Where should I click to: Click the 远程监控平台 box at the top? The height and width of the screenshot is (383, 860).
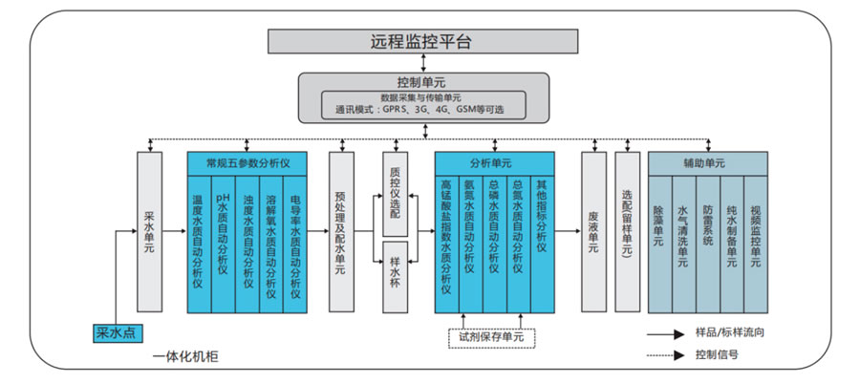click(420, 41)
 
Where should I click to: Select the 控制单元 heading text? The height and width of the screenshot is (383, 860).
click(420, 81)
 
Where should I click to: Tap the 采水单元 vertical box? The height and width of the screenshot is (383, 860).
click(151, 229)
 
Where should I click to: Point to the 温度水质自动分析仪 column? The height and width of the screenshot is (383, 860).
click(200, 243)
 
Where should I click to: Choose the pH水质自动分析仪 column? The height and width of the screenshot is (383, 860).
click(223, 243)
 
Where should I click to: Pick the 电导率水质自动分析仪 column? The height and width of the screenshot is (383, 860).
click(295, 243)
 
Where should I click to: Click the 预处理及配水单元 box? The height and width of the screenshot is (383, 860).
click(341, 229)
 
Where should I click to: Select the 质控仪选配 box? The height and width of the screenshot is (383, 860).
click(397, 193)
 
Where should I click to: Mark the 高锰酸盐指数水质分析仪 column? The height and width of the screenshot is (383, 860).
click(446, 243)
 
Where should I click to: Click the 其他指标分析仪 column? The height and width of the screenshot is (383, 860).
click(542, 243)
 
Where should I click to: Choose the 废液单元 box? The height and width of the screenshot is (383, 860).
click(593, 229)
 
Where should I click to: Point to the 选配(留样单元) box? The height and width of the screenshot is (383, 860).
click(627, 229)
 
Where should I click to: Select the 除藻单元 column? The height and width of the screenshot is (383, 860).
click(659, 243)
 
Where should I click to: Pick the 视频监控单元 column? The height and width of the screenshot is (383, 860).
click(755, 243)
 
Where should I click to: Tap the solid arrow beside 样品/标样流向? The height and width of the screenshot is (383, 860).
click(669, 334)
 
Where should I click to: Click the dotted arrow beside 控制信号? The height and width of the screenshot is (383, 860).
click(669, 354)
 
